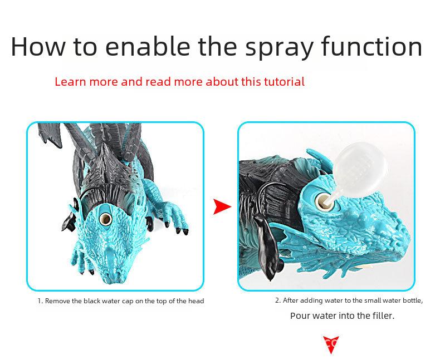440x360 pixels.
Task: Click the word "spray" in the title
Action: pyautogui.click(x=279, y=47)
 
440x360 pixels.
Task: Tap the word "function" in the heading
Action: pyautogui.click(x=371, y=46)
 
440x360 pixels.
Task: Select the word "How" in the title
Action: pyautogui.click(x=38, y=46)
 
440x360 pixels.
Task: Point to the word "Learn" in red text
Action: pyautogui.click(x=70, y=82)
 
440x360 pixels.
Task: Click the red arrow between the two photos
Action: pyautogui.click(x=222, y=206)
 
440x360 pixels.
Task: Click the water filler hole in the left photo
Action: pyautogui.click(x=105, y=219)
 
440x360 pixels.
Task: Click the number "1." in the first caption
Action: pyautogui.click(x=41, y=301)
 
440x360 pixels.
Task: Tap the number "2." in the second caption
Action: pyautogui.click(x=278, y=300)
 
